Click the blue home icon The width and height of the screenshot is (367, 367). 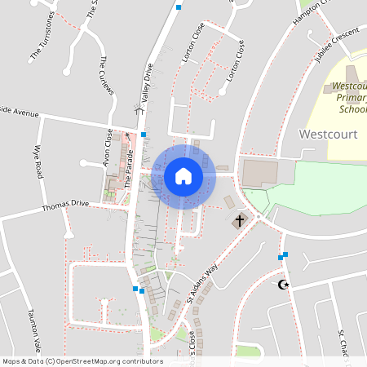(x=183, y=176)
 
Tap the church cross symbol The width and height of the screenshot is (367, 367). (x=240, y=221)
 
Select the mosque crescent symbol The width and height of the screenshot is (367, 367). (x=284, y=284)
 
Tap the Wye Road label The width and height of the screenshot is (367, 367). (x=38, y=162)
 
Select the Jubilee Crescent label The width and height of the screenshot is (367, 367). (x=337, y=48)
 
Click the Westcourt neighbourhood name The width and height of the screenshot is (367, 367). (x=329, y=134)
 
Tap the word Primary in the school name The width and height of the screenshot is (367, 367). (x=352, y=97)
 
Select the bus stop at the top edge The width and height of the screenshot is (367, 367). (x=179, y=7)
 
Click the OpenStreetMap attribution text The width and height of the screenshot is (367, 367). (x=82, y=361)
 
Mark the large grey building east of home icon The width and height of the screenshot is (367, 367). (x=259, y=171)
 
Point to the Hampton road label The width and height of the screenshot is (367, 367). (x=314, y=11)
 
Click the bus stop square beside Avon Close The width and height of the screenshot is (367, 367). (x=144, y=134)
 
